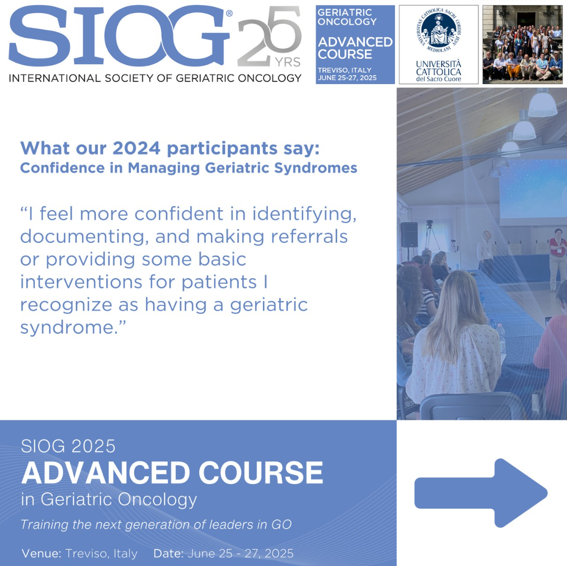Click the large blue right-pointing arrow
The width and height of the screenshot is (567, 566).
(481, 493)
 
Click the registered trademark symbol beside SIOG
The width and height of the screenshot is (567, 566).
(229, 14)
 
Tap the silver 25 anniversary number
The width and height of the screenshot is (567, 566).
(269, 36)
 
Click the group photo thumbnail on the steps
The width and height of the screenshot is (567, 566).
(522, 45)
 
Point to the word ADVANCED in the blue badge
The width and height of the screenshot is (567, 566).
(355, 42)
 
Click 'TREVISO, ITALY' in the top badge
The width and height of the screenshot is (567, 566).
(344, 70)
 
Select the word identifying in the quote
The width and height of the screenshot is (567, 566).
(304, 214)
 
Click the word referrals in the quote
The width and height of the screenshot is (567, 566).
(309, 236)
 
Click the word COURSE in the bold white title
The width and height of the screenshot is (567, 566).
(260, 472)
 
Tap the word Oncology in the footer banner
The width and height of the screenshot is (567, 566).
(157, 500)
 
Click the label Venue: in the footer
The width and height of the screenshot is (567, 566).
(42, 553)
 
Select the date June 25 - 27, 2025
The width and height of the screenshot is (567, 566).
(240, 553)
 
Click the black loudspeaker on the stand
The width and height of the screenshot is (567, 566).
(409, 235)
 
